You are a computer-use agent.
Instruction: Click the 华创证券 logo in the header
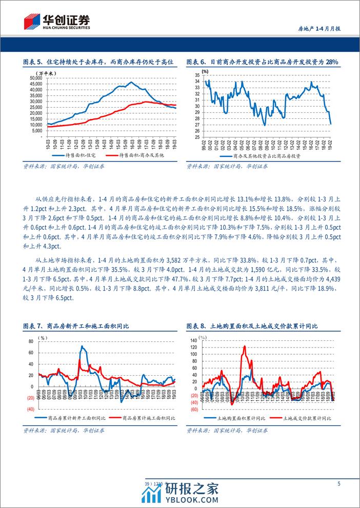pyautogui.click(x=57, y=21)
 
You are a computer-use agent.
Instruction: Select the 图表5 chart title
pyautogui.click(x=99, y=62)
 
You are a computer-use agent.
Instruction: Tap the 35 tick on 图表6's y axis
pyautogui.click(x=197, y=75)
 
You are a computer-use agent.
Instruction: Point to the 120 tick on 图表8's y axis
pyautogui.click(x=194, y=347)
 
